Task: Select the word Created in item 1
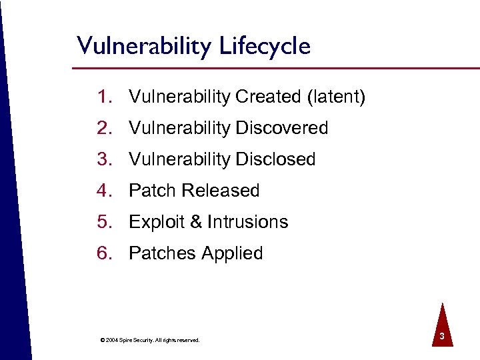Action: pyautogui.click(x=268, y=97)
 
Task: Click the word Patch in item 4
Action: pyautogui.click(x=152, y=191)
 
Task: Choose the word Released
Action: pyautogui.click(x=221, y=191)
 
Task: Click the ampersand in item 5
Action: pyautogui.click(x=196, y=222)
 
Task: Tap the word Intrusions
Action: pyautogui.click(x=247, y=222)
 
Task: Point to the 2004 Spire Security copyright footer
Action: pyautogui.click(x=149, y=340)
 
